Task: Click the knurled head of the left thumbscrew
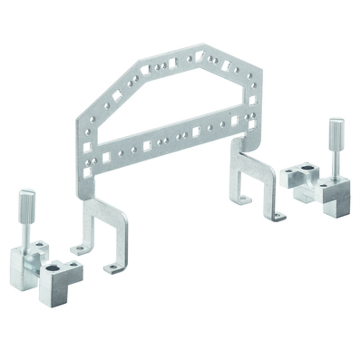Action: (27, 206)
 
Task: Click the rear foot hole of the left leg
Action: (80, 248)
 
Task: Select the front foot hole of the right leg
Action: (278, 217)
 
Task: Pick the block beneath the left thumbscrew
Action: (25, 265)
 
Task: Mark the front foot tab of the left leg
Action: (112, 268)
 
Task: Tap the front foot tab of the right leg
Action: (278, 217)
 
